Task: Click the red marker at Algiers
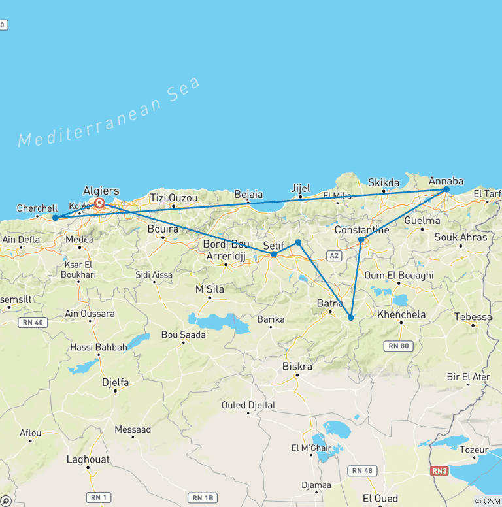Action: click(99, 203)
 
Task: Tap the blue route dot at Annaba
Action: click(446, 189)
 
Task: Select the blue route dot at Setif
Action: click(274, 254)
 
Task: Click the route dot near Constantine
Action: click(361, 240)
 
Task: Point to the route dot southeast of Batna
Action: click(351, 318)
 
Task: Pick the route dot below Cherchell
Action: click(56, 218)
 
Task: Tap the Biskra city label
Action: click(297, 366)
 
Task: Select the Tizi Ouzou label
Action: click(173, 197)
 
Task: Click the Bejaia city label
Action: click(248, 194)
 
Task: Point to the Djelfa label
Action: click(115, 382)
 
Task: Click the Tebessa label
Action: click(473, 317)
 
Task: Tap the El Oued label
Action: click(380, 499)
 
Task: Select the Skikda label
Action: click(384, 182)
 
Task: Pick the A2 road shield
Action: click(334, 255)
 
